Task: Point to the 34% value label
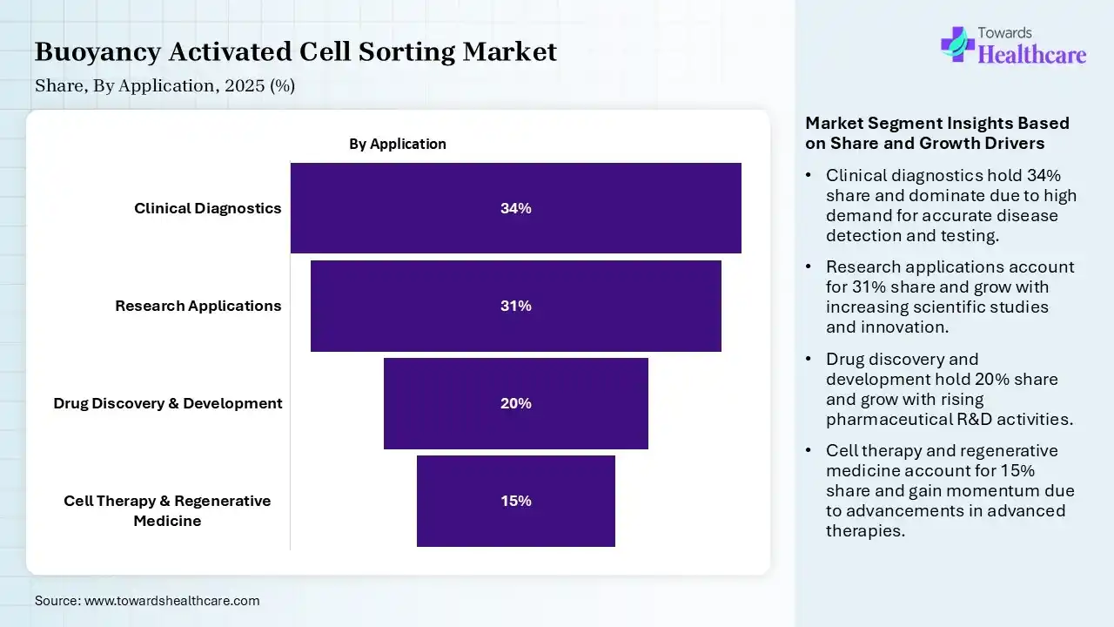pos(515,208)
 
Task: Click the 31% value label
pos(515,306)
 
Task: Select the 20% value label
pos(515,403)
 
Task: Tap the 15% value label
pos(515,501)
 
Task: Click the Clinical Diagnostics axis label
pos(208,208)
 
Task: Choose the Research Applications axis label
pos(198,306)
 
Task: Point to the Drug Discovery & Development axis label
pos(168,403)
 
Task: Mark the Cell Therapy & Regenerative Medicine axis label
pos(167,510)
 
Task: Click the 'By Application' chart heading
pos(398,144)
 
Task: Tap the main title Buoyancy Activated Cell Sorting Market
pos(296,52)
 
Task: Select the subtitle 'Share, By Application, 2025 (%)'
pos(165,85)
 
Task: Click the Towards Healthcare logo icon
pos(957,44)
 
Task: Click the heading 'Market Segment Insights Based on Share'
pos(937,132)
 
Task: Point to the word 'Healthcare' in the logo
pos(1032,55)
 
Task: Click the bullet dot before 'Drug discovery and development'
pos(809,360)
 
